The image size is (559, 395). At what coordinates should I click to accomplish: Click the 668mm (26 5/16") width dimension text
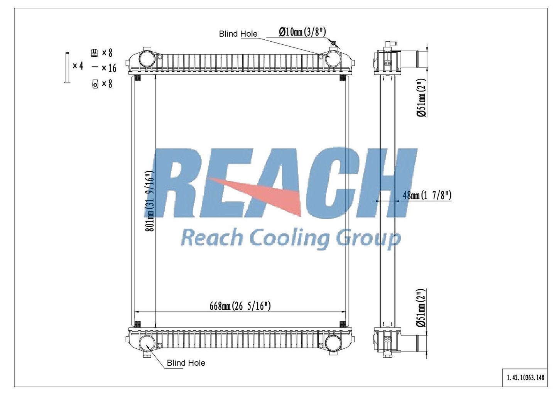240,306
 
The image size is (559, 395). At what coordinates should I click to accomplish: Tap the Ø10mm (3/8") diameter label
302,32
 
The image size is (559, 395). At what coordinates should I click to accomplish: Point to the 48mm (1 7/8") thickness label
427,195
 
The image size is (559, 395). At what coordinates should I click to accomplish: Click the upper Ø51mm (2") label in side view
421,98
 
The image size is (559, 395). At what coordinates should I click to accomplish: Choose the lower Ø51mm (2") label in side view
421,308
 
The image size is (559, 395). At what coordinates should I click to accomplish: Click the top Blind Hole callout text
238,34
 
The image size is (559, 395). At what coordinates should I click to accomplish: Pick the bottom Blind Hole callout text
186,363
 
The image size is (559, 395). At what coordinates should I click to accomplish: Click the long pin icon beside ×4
67,68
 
